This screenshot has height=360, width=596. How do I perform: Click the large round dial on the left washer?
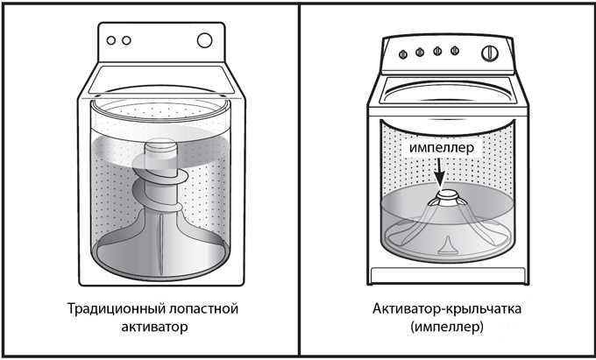(204, 40)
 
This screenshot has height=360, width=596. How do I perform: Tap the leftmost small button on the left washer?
(111, 40)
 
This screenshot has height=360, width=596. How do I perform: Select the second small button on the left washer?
(126, 40)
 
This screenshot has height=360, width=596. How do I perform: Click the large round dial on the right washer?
(490, 53)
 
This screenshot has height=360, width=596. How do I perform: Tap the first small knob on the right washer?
(403, 54)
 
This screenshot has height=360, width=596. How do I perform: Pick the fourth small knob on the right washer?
(455, 51)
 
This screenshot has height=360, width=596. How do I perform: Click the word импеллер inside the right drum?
(442, 148)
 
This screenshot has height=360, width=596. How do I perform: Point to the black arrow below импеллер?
(440, 173)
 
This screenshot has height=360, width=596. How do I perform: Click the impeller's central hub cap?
(448, 194)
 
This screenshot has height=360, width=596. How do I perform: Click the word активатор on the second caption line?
(154, 326)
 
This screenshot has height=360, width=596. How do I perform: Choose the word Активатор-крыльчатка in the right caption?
(447, 308)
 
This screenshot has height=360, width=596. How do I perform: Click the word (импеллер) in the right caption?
(447, 327)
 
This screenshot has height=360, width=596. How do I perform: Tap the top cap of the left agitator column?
(161, 145)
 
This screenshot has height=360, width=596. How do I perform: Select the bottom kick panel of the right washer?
(448, 274)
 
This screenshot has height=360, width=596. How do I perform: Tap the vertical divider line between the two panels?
(299, 180)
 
